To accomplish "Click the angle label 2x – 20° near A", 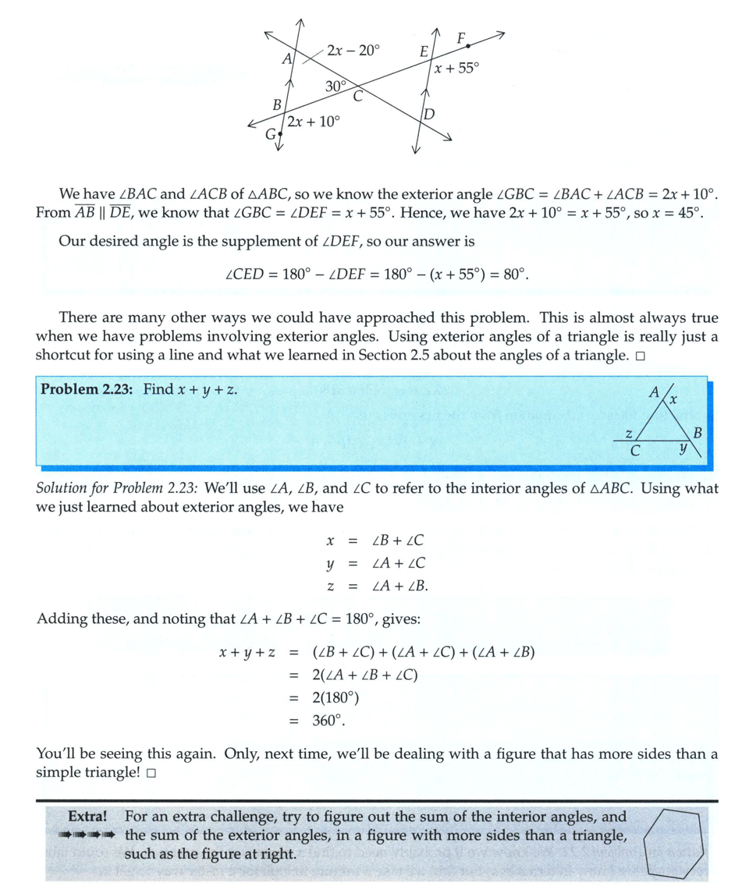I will [x=353, y=51].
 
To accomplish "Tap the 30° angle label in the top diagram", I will [x=335, y=87].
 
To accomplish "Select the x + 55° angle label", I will [x=456, y=69].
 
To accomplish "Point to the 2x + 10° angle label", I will [x=313, y=122].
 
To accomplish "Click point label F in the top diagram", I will [x=461, y=37].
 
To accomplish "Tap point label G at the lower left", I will [x=271, y=135].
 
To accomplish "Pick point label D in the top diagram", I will [x=428, y=115].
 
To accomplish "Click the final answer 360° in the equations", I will [x=328, y=721].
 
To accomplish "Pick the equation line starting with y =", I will [x=375, y=563].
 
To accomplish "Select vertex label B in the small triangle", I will [x=698, y=432].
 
